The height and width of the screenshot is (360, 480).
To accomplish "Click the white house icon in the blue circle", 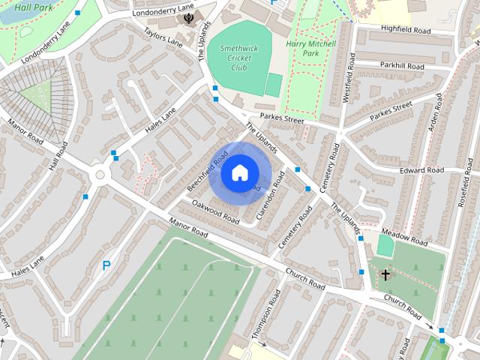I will point(238,173).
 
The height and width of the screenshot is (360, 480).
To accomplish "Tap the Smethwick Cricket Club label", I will point(238,58).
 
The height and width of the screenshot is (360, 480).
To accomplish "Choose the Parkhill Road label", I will point(401,67).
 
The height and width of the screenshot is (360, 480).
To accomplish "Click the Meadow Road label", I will point(404,237).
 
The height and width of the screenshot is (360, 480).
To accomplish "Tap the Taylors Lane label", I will point(164,41).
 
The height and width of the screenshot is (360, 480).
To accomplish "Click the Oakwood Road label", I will point(214,212).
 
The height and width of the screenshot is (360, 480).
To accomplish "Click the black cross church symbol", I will point(385,275).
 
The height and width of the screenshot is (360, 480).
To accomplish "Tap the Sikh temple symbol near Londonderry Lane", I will point(187,19).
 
